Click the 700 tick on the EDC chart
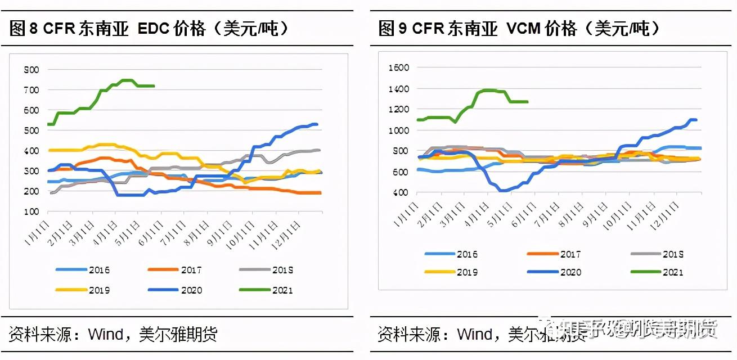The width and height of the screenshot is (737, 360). (32, 90)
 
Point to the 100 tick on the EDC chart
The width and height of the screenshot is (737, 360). (32, 211)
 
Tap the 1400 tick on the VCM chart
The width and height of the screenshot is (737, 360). (398, 89)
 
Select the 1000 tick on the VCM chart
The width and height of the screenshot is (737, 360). (398, 130)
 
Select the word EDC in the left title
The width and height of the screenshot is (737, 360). (154, 29)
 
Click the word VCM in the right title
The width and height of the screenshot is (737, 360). (523, 29)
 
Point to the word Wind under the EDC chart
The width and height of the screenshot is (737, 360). (105, 335)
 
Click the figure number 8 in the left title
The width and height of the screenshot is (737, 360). (33, 29)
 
